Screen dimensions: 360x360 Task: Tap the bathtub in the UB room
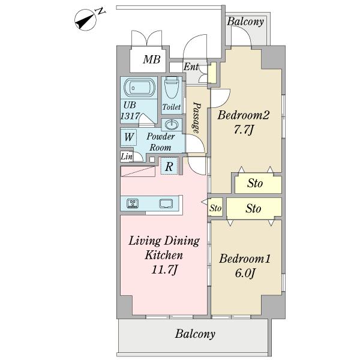click(139, 88)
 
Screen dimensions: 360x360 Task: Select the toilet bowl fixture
click(172, 90)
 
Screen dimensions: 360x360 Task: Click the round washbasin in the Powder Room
click(172, 125)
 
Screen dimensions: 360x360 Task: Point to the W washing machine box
click(129, 137)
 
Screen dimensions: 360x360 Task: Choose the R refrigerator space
click(169, 166)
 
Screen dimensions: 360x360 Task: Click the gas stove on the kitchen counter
click(133, 203)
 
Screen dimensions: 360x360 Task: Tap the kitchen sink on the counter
click(166, 203)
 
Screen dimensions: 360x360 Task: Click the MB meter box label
click(152, 59)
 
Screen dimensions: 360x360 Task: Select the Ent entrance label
click(191, 67)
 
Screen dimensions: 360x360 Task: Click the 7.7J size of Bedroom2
click(244, 130)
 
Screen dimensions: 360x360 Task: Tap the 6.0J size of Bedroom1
click(245, 273)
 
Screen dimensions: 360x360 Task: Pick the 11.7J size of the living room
click(164, 269)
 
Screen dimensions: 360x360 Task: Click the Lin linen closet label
click(127, 157)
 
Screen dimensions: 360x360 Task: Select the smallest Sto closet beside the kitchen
click(215, 208)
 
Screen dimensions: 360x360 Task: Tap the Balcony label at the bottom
click(195, 334)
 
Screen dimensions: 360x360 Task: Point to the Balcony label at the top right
click(245, 22)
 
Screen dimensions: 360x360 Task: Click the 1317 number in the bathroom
click(130, 116)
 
